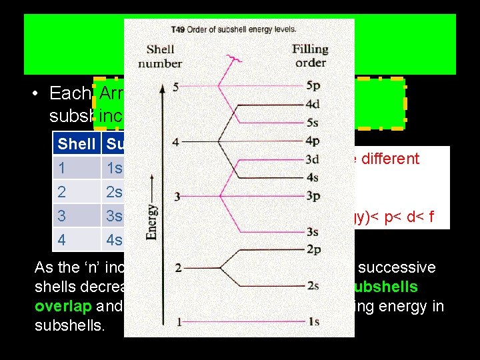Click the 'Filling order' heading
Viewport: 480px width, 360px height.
[x=310, y=56]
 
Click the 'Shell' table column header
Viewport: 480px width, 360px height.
[x=77, y=143]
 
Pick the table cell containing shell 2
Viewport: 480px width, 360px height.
[x=62, y=192]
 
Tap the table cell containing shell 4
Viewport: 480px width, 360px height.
[x=62, y=240]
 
